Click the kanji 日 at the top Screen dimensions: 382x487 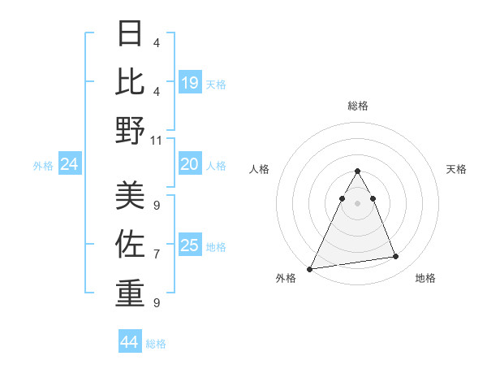click(130, 34)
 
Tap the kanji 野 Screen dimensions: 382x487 click(130, 130)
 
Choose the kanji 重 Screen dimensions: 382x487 click(130, 292)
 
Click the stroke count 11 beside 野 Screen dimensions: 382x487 click(157, 140)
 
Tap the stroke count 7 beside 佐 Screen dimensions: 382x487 click(157, 254)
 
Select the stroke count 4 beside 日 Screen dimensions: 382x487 click(157, 42)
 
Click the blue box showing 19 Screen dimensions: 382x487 click(189, 82)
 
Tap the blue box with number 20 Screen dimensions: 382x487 click(189, 164)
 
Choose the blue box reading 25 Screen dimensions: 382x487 click(189, 245)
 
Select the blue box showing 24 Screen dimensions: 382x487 click(69, 165)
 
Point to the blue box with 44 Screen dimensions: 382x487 click(130, 342)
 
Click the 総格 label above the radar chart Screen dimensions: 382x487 click(357, 106)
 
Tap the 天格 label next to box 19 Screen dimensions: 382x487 click(216, 85)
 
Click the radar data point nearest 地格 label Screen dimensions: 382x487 click(395, 257)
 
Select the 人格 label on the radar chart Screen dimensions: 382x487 click(259, 169)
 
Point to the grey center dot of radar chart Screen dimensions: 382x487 click(357, 203)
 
